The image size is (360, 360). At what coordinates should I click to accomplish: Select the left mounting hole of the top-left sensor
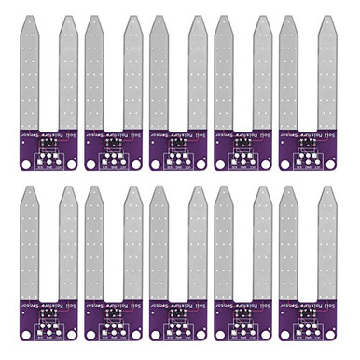click(x=24, y=162)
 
